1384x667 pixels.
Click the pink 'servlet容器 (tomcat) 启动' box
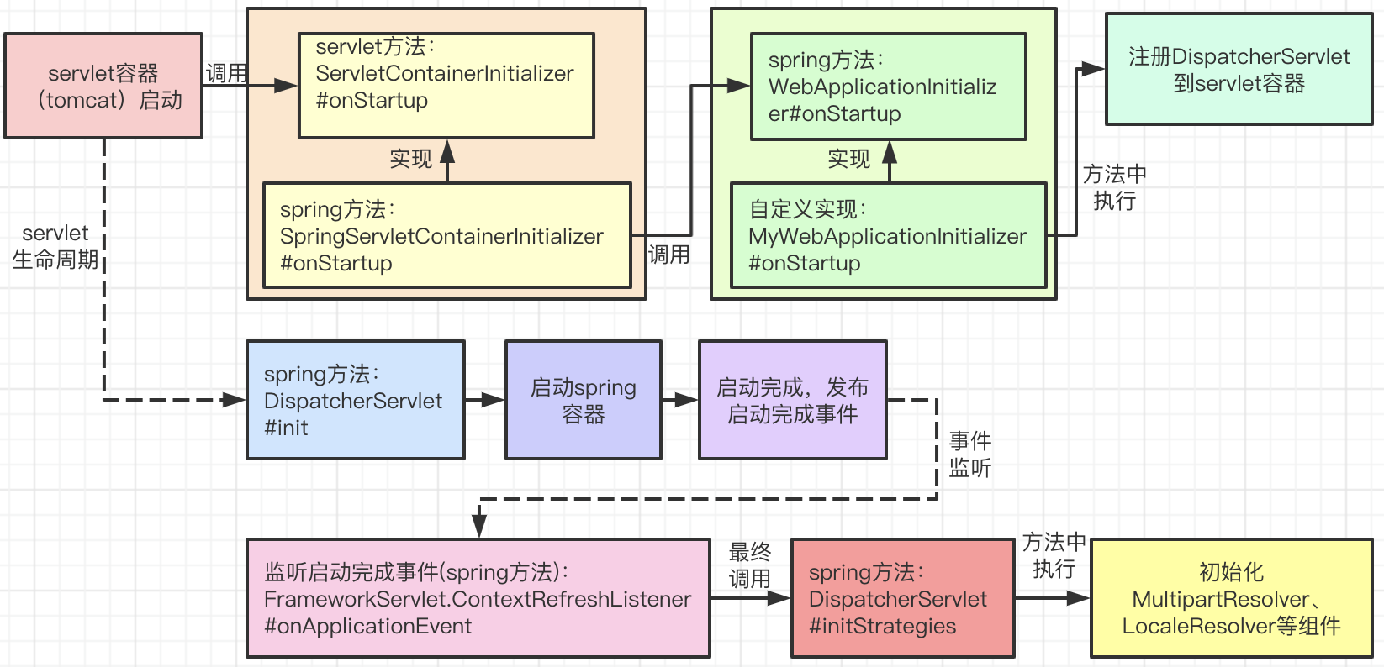click(x=103, y=86)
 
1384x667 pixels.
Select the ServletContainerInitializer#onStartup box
click(x=446, y=86)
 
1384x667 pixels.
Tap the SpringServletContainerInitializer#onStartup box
click(x=447, y=235)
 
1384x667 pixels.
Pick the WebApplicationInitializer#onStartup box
click(x=889, y=87)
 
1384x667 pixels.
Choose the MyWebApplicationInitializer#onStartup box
click(x=889, y=235)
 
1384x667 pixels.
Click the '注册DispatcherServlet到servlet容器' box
click(x=1239, y=69)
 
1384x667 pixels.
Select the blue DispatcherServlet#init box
click(x=356, y=400)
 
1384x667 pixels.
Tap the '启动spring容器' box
click(x=584, y=400)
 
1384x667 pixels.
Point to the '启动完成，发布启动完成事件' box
click(x=793, y=400)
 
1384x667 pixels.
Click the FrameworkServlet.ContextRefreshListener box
click(x=478, y=598)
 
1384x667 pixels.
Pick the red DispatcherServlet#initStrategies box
click(x=903, y=598)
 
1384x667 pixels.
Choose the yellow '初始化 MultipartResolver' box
click(x=1231, y=598)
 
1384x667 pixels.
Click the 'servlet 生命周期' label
click(x=55, y=246)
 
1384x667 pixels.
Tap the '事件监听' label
click(x=970, y=454)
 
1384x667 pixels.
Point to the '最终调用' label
click(x=749, y=565)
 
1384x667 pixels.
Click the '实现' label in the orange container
click(x=411, y=160)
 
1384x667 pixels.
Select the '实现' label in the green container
click(x=849, y=160)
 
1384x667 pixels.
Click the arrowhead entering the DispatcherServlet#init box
click(x=235, y=400)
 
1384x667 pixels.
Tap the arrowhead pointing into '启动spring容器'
click(x=493, y=400)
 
